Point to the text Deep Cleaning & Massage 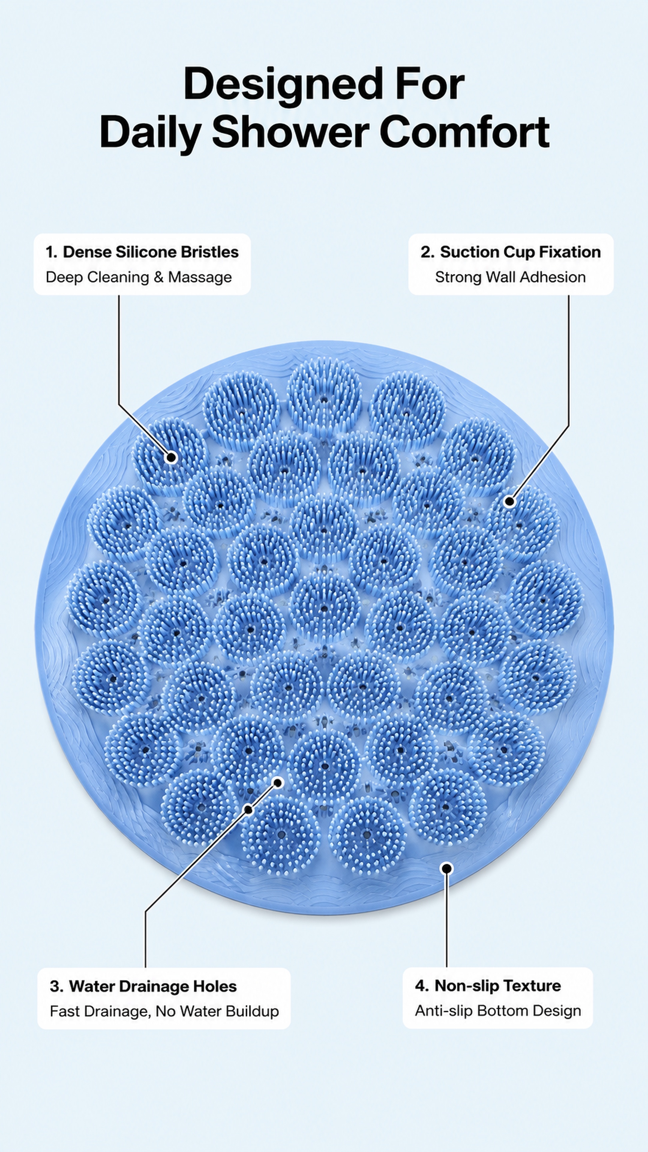tap(139, 277)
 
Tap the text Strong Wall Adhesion tap(510, 277)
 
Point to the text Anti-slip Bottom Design tap(498, 1011)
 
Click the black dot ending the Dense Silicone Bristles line tap(171, 457)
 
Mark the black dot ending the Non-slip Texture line tap(446, 868)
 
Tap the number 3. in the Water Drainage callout tap(56, 986)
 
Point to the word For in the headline tap(429, 85)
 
